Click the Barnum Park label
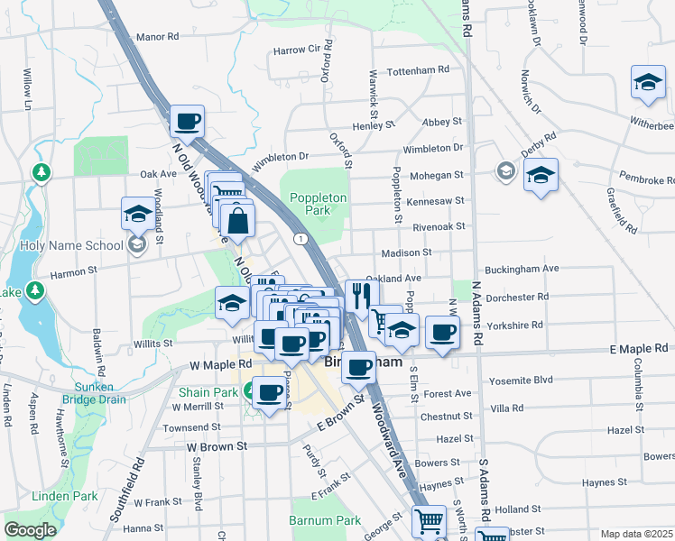click(325, 520)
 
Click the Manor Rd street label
click(157, 37)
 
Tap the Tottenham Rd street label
click(417, 69)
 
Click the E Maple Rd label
click(638, 348)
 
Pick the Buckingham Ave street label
click(522, 269)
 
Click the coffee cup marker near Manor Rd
click(187, 121)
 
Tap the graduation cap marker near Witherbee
click(648, 82)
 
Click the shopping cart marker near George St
click(429, 521)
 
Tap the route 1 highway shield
click(300, 237)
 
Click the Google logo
click(30, 529)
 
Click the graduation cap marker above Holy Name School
click(138, 214)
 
